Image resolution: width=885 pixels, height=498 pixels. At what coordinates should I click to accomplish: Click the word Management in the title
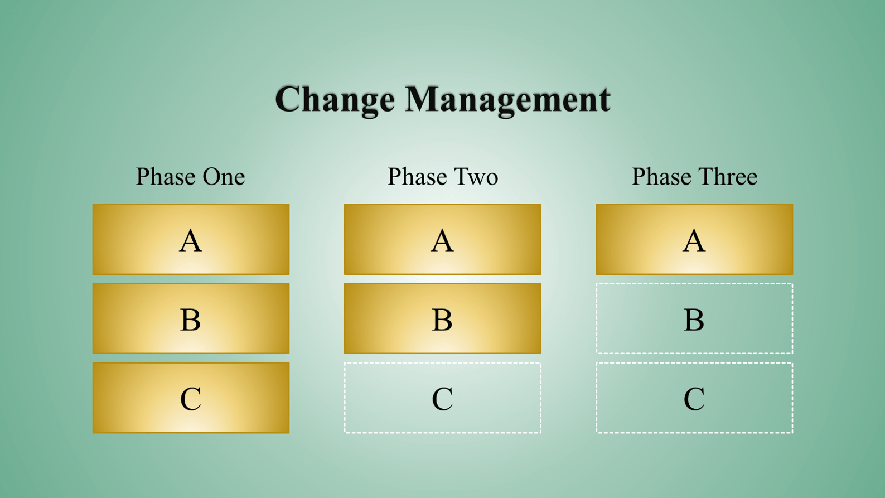(x=508, y=100)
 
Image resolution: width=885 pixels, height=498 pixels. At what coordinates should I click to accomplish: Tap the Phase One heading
(x=190, y=176)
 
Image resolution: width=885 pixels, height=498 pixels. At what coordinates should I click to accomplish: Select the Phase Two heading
(x=443, y=176)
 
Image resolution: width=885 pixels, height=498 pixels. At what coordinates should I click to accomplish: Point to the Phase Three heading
(x=695, y=176)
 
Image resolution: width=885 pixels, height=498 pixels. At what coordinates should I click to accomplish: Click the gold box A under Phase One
(x=191, y=239)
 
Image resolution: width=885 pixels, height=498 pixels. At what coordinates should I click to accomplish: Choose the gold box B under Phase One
(x=191, y=318)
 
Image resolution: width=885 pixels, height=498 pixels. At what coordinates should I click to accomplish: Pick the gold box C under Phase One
(x=191, y=398)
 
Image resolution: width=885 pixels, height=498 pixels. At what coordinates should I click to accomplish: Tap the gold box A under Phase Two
(x=443, y=239)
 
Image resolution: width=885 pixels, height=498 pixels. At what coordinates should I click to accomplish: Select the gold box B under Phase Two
(x=443, y=318)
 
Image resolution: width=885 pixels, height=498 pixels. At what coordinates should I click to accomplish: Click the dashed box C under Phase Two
(x=443, y=363)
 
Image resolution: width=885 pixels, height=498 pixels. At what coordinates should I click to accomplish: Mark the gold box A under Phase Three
(x=694, y=239)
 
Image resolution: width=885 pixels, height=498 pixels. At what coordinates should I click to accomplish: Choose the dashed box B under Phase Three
(x=694, y=284)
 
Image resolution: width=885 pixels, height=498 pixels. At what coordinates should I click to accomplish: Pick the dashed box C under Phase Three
(x=694, y=363)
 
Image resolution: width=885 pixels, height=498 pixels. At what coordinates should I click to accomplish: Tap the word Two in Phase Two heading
(x=476, y=176)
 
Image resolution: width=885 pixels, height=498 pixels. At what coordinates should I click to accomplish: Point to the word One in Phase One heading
(x=224, y=176)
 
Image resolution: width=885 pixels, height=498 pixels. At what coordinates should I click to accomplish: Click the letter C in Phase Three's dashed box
(x=694, y=398)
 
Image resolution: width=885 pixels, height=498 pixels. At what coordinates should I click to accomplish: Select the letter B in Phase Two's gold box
(x=443, y=320)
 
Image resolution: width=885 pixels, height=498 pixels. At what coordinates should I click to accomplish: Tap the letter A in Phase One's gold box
(x=191, y=240)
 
